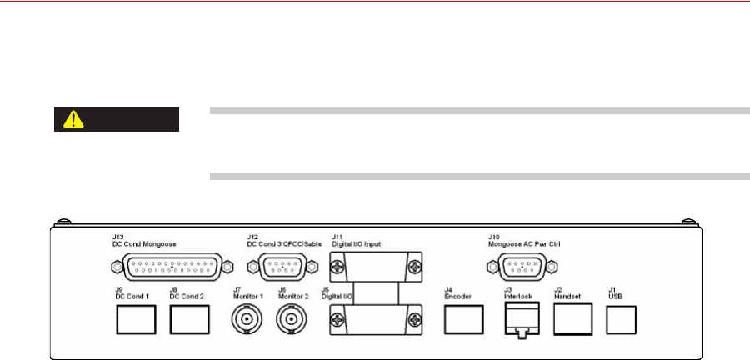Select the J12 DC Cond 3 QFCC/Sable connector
pyautogui.click(x=279, y=267)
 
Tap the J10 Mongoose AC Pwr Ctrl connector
pyautogui.click(x=520, y=267)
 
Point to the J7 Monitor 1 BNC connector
pyautogui.click(x=246, y=319)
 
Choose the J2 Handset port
pyautogui.click(x=572, y=318)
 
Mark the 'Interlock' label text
pyautogui.click(x=519, y=295)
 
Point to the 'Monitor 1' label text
pyautogui.click(x=247, y=295)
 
